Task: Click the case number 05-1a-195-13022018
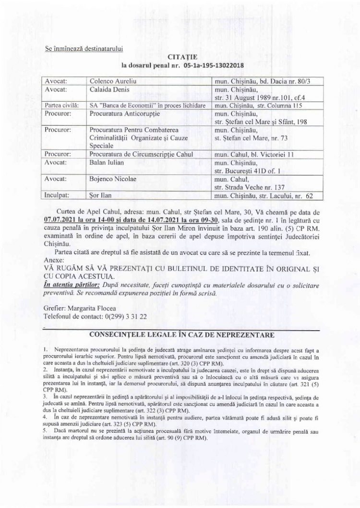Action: pyautogui.click(x=211, y=64)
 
